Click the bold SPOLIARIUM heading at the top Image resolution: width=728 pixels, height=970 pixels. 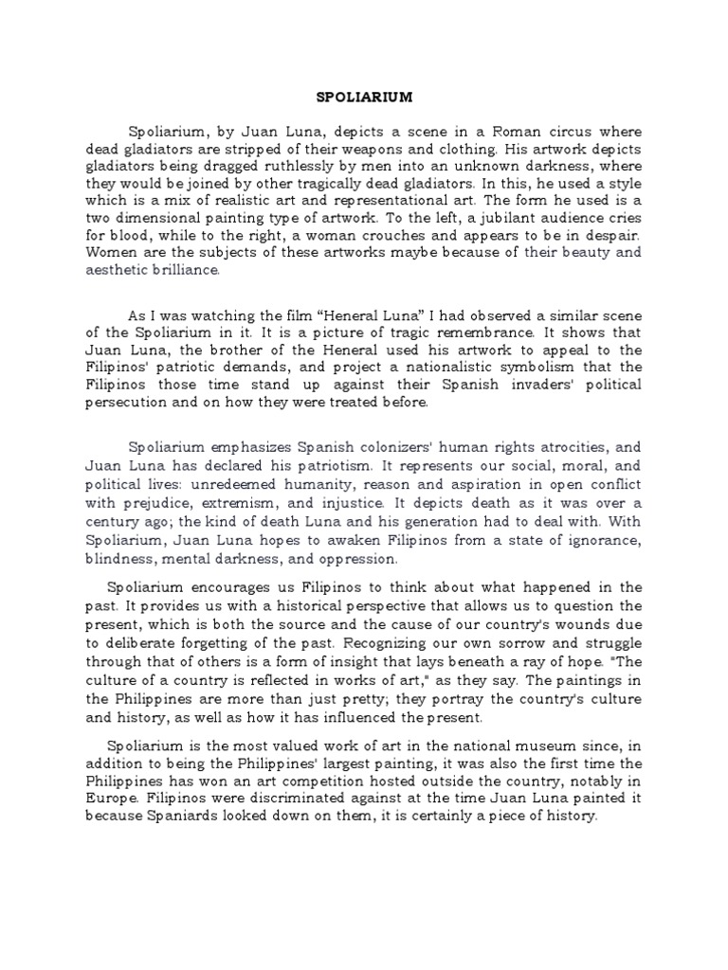(x=363, y=96)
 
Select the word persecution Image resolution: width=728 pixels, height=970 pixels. (x=131, y=403)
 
